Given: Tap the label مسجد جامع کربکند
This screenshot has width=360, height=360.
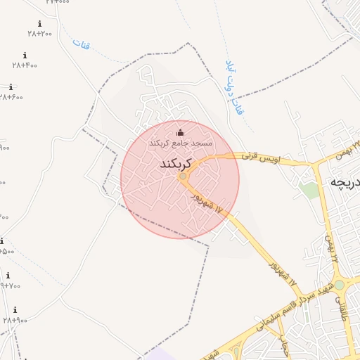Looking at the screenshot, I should [180, 143].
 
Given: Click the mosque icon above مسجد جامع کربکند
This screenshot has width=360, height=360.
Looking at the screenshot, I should [180, 133].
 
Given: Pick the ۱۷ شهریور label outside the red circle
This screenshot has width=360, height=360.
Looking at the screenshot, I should [282, 275].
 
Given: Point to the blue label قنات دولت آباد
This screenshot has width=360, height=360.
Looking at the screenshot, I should [235, 87].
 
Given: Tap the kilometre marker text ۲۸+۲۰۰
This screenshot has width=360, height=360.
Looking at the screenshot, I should [40, 33].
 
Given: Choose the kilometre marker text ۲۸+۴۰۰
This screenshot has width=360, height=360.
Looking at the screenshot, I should [25, 65].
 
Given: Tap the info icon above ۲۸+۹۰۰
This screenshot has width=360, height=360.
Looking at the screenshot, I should [15, 310].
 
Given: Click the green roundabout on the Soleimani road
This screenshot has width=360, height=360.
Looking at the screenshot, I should [340, 285].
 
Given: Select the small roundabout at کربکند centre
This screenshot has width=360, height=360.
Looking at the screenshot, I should [183, 176].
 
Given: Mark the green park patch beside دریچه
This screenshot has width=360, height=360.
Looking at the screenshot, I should [308, 190].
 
